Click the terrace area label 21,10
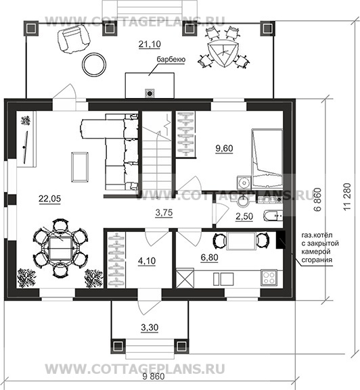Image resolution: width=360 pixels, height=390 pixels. click(150, 44)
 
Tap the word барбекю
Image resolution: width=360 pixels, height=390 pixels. click(171, 59)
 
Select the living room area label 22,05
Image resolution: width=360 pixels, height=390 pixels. click(49, 199)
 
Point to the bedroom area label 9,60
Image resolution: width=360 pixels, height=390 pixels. click(224, 149)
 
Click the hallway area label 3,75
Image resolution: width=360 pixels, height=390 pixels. click(164, 213)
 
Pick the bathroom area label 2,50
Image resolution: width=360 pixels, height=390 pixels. click(244, 216)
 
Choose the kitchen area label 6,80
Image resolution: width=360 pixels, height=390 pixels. click(209, 258)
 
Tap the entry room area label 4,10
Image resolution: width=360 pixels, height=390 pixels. click(147, 261)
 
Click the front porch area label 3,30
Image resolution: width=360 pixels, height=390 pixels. click(150, 328)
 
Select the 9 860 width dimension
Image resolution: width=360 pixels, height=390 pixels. click(154, 376)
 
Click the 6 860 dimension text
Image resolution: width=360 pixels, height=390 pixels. click(317, 199)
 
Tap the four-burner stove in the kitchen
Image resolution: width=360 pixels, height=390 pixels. click(269, 277)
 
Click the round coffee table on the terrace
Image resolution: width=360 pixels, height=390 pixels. click(94, 65)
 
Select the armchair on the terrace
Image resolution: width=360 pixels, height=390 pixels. click(73, 39)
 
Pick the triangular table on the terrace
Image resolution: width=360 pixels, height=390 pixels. click(224, 53)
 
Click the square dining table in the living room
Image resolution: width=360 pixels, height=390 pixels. click(60, 248)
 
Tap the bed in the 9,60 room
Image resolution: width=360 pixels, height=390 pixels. click(267, 158)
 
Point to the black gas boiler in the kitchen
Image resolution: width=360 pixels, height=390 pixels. click(281, 240)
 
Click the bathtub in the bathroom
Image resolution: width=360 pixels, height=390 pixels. click(273, 216)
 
